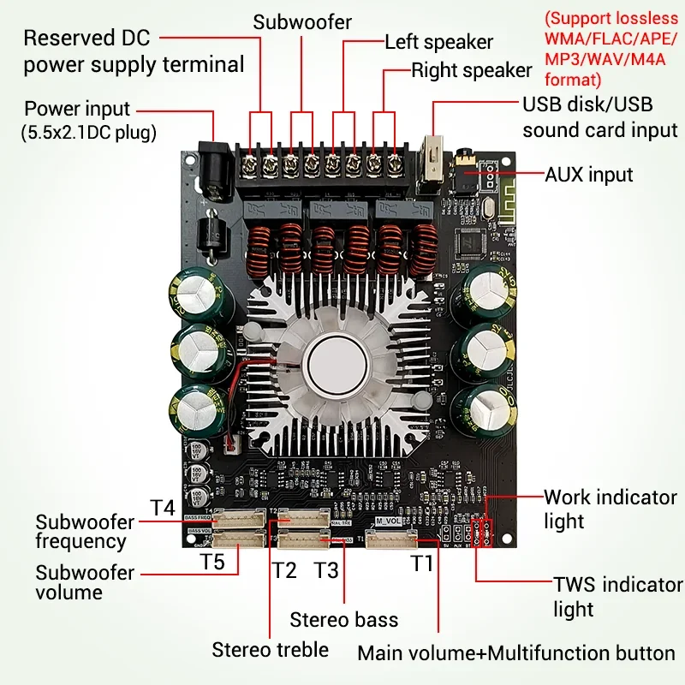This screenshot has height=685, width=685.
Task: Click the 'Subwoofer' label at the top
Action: [301, 21]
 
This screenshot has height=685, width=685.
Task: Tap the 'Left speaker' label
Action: [438, 41]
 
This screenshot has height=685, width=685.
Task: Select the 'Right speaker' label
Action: [472, 69]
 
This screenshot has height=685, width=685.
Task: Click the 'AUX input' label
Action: [588, 175]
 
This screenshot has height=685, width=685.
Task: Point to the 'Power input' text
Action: [77, 109]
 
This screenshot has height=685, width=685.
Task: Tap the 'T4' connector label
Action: [163, 507]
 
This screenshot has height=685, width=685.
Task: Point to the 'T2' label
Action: [284, 569]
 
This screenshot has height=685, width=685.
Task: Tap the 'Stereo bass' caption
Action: [343, 619]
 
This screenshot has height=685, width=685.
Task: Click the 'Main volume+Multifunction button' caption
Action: [516, 652]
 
